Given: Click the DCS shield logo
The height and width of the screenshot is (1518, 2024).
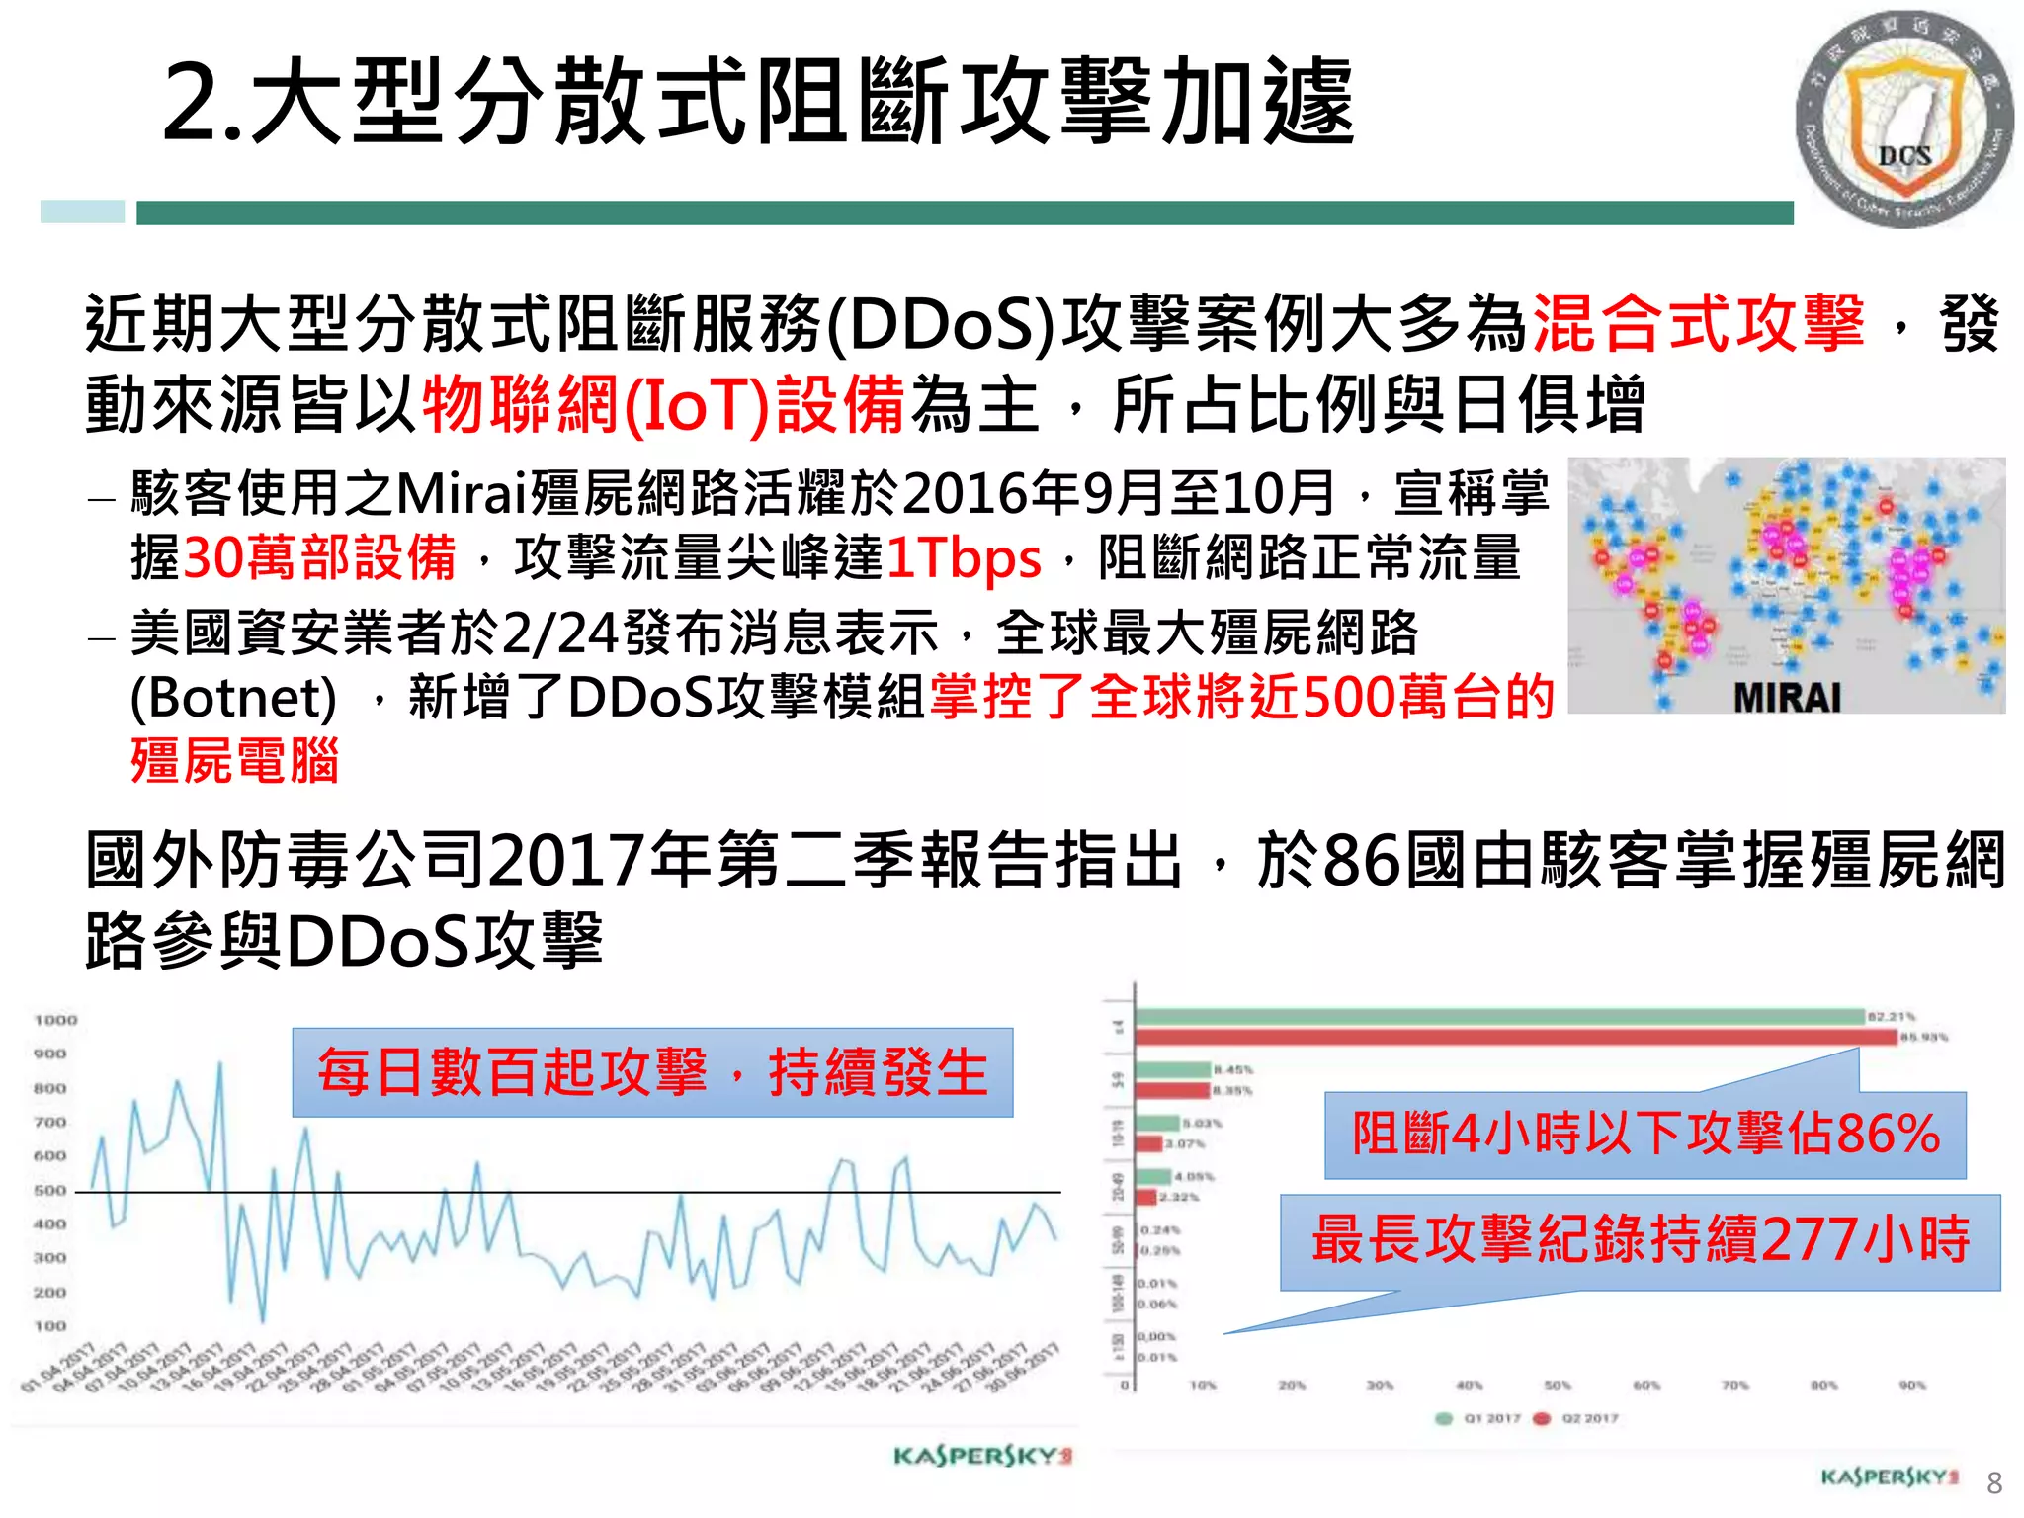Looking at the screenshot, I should [x=1903, y=120].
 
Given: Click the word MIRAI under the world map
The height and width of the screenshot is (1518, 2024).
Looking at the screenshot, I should [x=1787, y=698].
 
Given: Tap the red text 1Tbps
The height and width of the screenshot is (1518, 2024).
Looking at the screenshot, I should [x=964, y=558].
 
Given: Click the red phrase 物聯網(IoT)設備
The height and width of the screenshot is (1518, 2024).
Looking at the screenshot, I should [x=663, y=405].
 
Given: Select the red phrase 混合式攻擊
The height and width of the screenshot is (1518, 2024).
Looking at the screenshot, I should [x=1697, y=323].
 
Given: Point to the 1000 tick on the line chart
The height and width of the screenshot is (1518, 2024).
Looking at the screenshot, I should [x=55, y=1020].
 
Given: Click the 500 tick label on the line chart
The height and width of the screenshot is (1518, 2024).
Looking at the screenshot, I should [x=50, y=1190].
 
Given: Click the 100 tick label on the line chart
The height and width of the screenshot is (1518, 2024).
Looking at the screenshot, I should [x=50, y=1326].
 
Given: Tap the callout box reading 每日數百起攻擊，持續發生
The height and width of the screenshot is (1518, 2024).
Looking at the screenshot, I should [x=652, y=1072].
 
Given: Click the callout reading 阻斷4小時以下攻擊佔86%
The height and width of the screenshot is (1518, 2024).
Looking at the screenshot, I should [x=1644, y=1134].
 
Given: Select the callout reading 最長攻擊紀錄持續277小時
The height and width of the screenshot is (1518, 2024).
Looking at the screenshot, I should [x=1641, y=1240].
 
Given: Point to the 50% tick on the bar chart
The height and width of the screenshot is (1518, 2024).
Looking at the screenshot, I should [x=1558, y=1386].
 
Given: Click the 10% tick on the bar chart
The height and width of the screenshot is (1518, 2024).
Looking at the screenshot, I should [x=1203, y=1386].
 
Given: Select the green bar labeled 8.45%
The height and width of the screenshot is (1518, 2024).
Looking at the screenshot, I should [x=1173, y=1069].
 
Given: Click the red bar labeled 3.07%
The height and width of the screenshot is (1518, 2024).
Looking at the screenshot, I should [x=1148, y=1143].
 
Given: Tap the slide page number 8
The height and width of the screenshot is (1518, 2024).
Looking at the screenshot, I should [x=1994, y=1482].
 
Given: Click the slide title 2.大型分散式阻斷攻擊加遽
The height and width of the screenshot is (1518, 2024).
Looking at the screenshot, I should [x=759, y=101].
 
